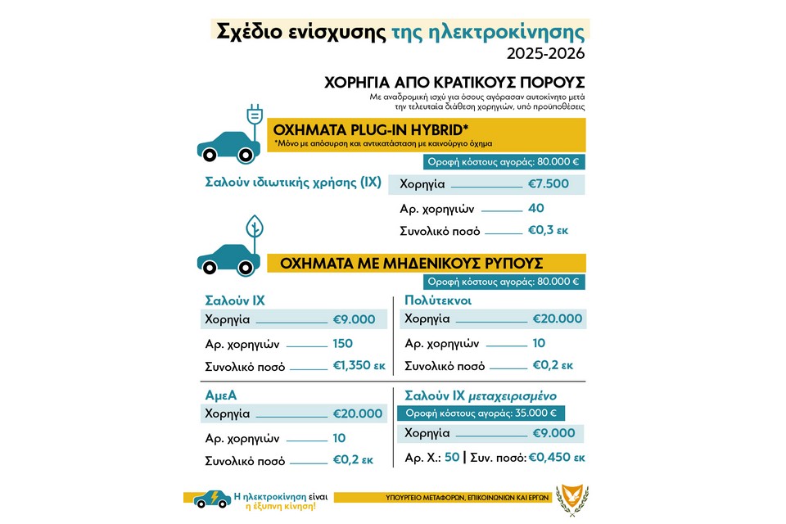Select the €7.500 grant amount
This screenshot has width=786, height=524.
(x=547, y=183)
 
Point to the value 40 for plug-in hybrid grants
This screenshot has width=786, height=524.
(x=536, y=208)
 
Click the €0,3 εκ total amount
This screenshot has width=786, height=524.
(x=549, y=230)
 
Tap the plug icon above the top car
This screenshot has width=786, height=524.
(x=254, y=118)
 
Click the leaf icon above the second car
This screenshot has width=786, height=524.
(x=255, y=226)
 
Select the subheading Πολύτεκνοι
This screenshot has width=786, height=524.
(x=442, y=300)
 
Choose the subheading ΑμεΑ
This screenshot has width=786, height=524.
(x=221, y=395)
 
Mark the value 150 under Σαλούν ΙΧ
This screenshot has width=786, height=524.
(x=343, y=343)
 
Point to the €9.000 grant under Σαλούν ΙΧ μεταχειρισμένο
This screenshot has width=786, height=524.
(x=553, y=433)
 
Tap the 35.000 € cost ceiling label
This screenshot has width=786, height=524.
(x=481, y=413)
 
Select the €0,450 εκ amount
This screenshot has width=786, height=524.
(x=558, y=456)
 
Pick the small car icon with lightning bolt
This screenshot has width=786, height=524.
(x=211, y=498)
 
